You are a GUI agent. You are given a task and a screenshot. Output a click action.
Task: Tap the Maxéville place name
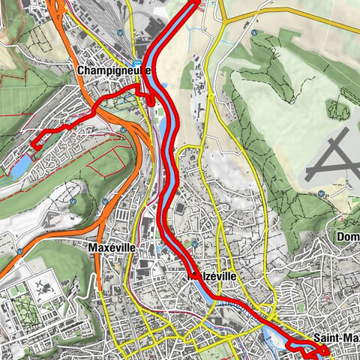[110, 247]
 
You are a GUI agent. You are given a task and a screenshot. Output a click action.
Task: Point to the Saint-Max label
[336, 337]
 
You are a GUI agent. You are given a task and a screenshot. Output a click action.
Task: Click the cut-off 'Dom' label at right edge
[349, 238]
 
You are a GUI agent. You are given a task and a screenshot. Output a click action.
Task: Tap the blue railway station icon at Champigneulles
[137, 64]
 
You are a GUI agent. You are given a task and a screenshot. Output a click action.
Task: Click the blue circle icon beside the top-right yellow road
[255, 34]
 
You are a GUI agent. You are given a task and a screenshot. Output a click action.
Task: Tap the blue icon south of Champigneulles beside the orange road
[122, 129]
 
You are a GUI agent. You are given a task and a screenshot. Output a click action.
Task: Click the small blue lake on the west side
[21, 166]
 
